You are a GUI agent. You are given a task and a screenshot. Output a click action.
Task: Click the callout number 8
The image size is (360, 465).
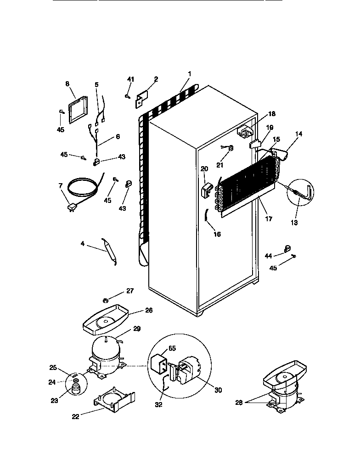[x=67, y=84]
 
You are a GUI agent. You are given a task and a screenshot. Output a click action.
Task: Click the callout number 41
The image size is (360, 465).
[x=131, y=79]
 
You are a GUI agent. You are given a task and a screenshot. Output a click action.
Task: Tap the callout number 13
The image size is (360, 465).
[x=294, y=223]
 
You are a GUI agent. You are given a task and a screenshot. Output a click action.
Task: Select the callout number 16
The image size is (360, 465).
[x=217, y=234]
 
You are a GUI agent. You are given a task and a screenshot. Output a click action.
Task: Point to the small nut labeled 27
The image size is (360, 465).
[x=105, y=301]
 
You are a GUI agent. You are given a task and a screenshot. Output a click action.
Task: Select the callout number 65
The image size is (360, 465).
[x=172, y=348]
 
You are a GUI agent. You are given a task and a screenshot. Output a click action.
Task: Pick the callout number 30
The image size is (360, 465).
[x=218, y=390]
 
